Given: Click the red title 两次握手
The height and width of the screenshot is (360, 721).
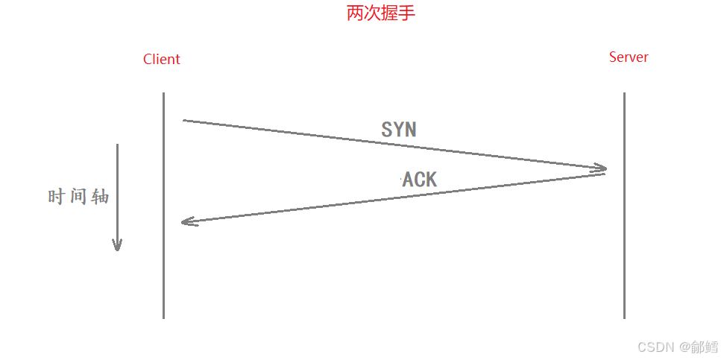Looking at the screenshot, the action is (x=380, y=13).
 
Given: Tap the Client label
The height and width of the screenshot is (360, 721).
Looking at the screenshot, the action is (x=162, y=60).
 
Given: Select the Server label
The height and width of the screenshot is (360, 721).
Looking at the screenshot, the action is (x=629, y=57).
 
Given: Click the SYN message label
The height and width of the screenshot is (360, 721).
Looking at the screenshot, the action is (x=399, y=129).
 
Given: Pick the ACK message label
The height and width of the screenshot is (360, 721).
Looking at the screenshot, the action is (x=420, y=179).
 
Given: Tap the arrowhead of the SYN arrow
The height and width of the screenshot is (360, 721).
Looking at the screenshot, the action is (x=600, y=168).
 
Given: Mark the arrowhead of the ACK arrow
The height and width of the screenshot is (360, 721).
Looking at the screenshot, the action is (x=188, y=221).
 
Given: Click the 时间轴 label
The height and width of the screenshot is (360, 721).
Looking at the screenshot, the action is (x=78, y=197).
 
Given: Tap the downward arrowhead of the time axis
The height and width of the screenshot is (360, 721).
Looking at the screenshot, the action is (x=117, y=245).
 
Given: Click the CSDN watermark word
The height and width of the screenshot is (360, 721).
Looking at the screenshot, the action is (x=656, y=347).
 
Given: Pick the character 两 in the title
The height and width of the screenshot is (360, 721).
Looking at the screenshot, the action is (x=355, y=13).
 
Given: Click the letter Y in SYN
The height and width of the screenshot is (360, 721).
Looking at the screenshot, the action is (x=399, y=129).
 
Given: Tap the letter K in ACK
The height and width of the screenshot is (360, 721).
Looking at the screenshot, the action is (x=430, y=179).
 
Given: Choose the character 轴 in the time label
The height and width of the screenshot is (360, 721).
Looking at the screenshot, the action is (x=100, y=197).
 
